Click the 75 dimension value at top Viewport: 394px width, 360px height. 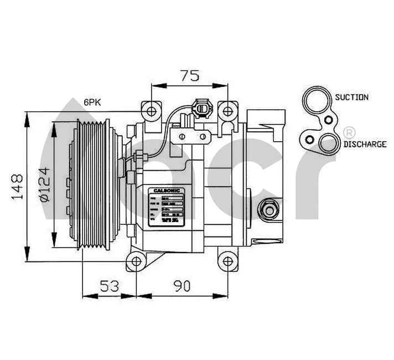(189, 76)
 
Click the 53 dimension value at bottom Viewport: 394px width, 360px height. (110, 286)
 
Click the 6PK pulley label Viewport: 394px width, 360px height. (93, 102)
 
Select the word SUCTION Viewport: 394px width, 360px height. (351, 97)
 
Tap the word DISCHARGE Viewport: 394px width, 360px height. (364, 144)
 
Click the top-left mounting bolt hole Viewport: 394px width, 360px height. (151, 111)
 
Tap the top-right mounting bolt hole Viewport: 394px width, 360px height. (227, 111)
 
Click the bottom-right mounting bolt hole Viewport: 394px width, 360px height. (227, 262)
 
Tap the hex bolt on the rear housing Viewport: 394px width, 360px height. (269, 210)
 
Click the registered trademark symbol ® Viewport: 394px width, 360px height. (349, 132)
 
